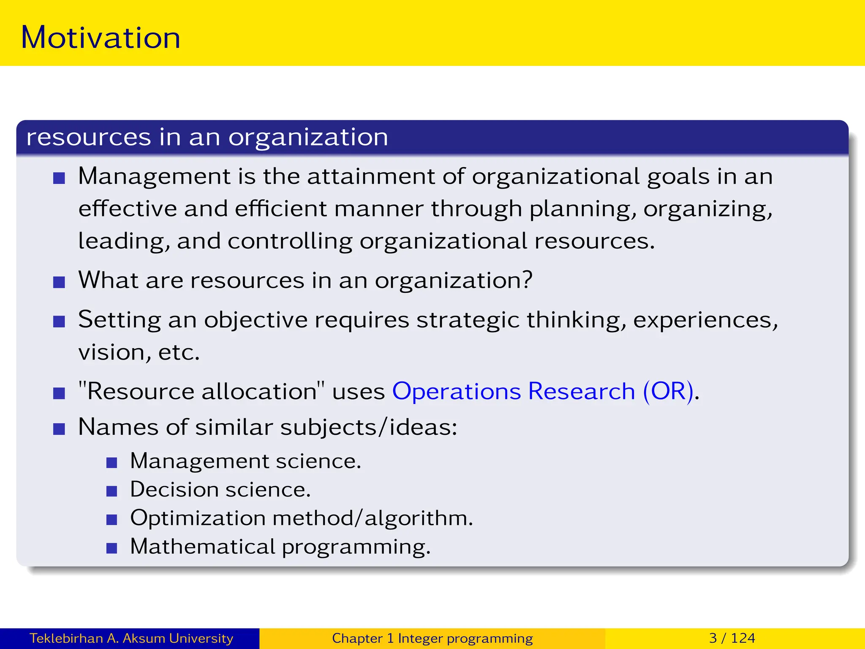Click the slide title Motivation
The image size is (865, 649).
(101, 38)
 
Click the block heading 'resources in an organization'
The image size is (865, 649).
(207, 137)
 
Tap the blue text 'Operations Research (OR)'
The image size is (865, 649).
(543, 391)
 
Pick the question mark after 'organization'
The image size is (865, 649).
(527, 280)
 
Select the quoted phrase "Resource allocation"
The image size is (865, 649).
(202, 391)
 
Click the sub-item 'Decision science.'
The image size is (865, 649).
(220, 490)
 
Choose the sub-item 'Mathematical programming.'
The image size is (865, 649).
(280, 547)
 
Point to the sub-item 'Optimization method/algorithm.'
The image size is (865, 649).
(302, 518)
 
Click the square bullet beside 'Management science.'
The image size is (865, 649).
(112, 463)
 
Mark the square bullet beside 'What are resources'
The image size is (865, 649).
(59, 282)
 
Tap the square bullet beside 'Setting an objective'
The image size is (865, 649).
(59, 322)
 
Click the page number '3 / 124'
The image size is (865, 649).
(732, 638)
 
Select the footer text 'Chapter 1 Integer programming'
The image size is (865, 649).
(432, 638)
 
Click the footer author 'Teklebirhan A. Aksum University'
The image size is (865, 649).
(131, 638)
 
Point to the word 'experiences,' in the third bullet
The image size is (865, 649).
(705, 319)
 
